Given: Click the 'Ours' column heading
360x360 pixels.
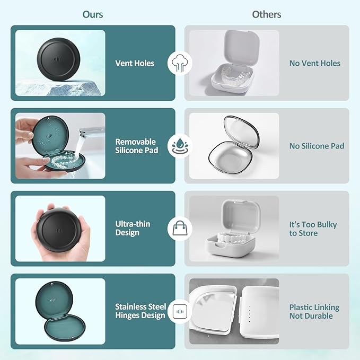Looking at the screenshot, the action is [93, 14].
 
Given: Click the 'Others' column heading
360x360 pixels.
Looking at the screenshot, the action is [267, 14].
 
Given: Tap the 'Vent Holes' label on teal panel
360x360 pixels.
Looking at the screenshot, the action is [135, 63].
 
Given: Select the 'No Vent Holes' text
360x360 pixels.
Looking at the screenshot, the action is [315, 63].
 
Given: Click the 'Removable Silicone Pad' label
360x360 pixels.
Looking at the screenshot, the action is [137, 146].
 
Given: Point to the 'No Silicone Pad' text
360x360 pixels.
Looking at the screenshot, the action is [317, 146].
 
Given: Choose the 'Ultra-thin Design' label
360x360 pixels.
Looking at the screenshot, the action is [133, 228].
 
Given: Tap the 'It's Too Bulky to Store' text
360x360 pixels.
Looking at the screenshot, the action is [313, 229].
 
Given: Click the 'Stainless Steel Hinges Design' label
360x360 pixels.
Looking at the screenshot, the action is [141, 311].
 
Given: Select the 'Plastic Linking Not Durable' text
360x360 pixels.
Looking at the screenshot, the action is [314, 311].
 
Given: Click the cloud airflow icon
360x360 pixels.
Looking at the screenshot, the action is [180, 64].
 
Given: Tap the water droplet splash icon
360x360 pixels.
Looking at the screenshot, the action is [180, 146].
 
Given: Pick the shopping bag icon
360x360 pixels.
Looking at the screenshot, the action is [180, 228].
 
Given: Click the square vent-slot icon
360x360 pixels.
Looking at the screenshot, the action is [180, 311].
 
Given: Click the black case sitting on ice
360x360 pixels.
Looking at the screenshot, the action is [58, 59].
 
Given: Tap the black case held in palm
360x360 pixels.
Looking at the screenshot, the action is [59, 230].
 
